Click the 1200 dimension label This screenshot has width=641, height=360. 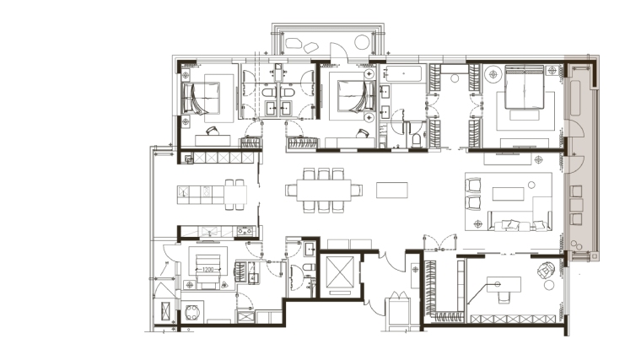207,269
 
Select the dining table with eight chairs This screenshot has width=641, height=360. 324,190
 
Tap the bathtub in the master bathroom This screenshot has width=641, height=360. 403,73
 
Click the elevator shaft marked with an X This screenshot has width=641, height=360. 340,271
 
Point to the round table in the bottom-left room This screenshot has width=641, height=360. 192,313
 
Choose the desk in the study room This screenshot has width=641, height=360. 504,284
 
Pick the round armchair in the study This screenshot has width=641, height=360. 546,270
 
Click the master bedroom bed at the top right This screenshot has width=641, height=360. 525,87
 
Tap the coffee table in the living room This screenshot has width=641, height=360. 508,194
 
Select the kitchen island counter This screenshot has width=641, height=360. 212,195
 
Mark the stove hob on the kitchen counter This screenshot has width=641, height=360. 245,231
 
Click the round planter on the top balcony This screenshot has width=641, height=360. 362,42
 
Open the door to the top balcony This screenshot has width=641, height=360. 339,52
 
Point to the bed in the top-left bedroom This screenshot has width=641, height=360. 201,98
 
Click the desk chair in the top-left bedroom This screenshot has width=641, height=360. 213,131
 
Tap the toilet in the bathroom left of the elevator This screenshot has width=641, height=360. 309,267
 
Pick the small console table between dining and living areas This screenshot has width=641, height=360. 391,190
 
